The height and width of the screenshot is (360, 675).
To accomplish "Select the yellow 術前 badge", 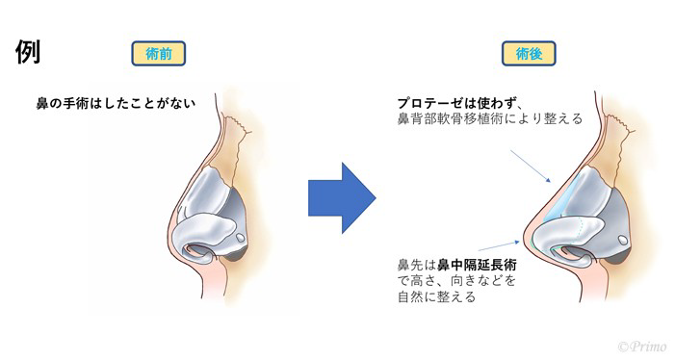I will tap(157, 55).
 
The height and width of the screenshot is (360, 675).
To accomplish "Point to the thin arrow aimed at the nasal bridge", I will tap(531, 164).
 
